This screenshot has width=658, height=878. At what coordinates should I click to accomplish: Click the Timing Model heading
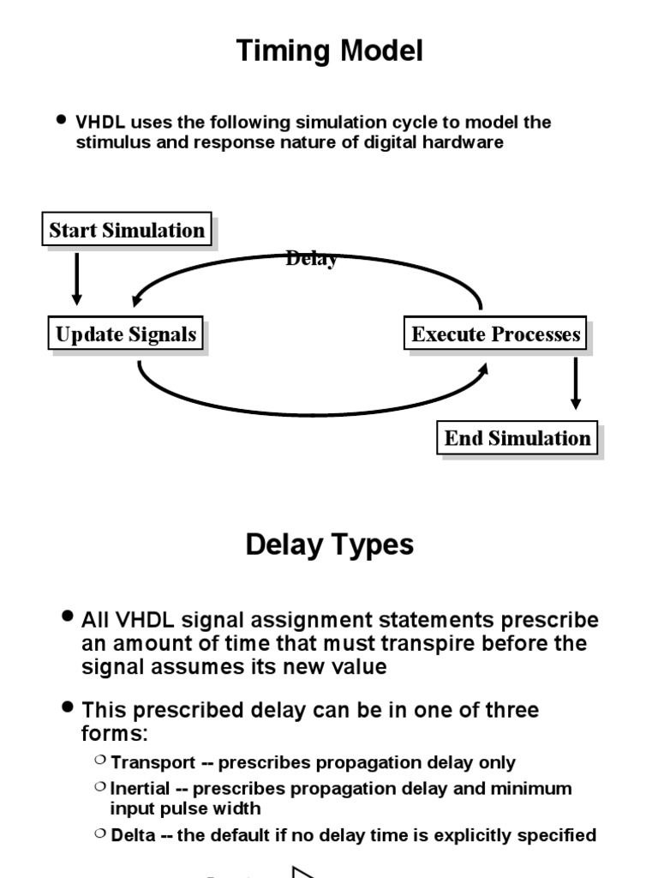[329, 52]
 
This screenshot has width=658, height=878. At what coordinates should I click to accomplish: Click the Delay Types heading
[329, 544]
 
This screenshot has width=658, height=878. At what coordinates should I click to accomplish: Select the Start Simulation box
[127, 230]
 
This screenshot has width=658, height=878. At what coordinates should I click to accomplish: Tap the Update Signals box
[126, 334]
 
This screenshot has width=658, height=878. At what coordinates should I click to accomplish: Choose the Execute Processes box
[495, 334]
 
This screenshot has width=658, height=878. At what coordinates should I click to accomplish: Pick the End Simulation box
[517, 439]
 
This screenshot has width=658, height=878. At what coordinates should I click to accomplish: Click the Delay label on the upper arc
[311, 259]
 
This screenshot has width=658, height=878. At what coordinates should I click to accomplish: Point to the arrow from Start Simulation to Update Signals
[77, 278]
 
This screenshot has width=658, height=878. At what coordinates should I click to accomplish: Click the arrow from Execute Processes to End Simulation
[576, 382]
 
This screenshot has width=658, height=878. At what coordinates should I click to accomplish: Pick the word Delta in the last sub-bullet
[131, 834]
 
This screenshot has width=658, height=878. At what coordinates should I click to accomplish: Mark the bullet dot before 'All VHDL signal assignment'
[69, 616]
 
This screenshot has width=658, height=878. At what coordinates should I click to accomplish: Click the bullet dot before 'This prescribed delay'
[69, 707]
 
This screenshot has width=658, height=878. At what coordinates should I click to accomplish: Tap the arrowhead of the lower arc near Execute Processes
[483, 368]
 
